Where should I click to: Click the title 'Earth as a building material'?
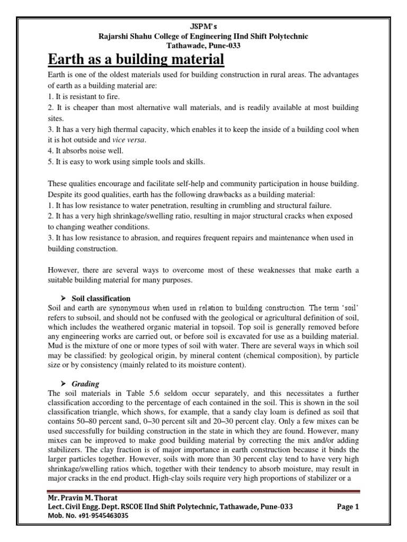pyautogui.click(x=136, y=59)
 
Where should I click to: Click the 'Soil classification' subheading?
pyautogui.click(x=101, y=299)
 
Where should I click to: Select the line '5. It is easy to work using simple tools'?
pyautogui.click(x=127, y=161)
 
